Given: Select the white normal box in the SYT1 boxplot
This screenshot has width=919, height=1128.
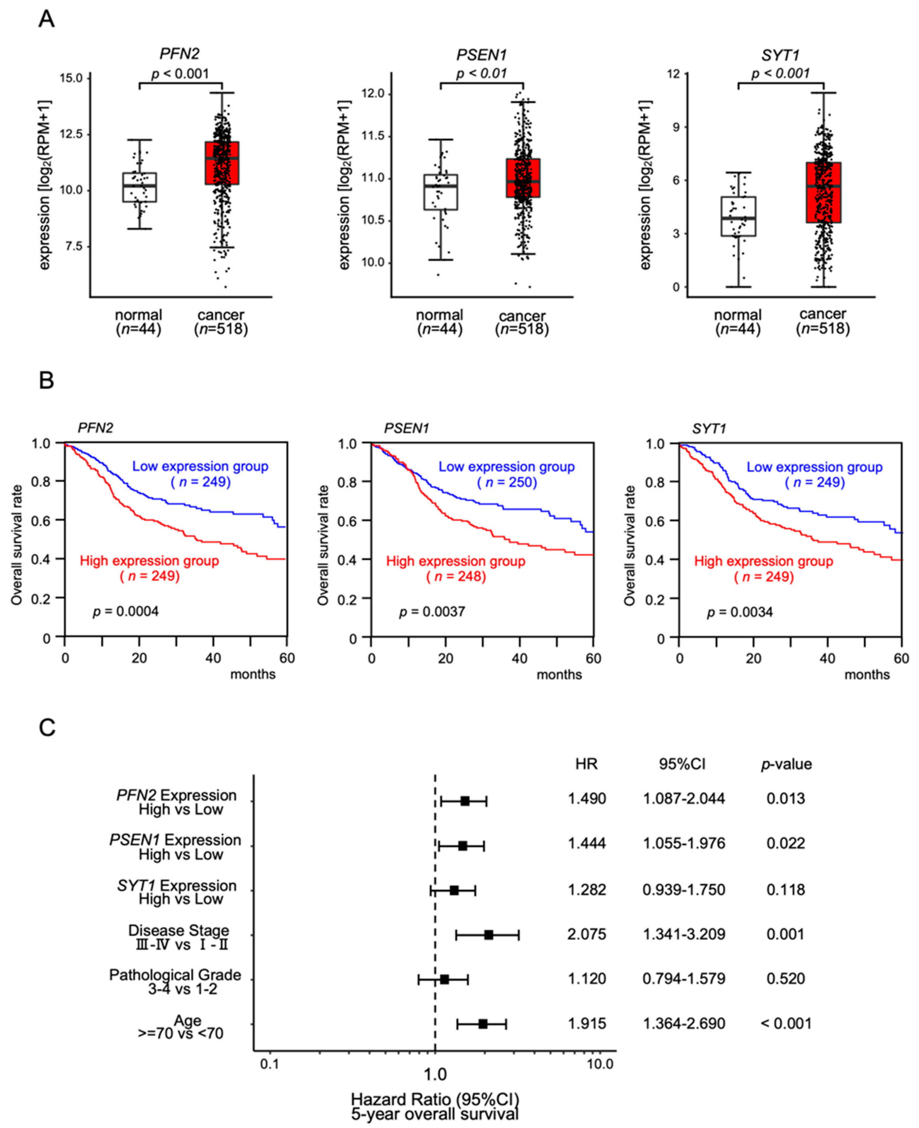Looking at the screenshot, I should tap(738, 216).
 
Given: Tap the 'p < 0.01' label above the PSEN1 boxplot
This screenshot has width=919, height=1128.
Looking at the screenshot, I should tap(481, 73).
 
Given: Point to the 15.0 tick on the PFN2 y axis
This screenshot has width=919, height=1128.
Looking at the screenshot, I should tap(71, 78).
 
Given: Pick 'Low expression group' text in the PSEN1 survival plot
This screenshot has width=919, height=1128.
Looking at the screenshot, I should tap(506, 467).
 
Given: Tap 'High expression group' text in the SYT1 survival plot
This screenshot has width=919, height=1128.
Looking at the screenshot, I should tap(763, 561).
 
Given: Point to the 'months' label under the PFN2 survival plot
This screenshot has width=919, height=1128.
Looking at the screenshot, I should tap(252, 674).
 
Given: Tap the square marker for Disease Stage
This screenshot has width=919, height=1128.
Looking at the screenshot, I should tap(488, 935).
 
